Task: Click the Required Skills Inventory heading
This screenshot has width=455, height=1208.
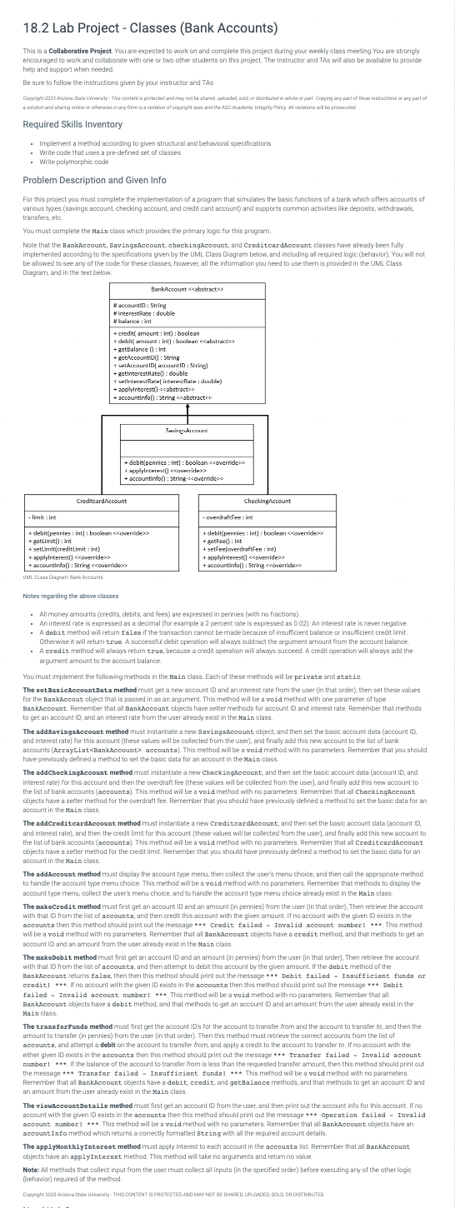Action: point(72,124)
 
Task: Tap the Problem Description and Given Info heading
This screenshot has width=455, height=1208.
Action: point(94,180)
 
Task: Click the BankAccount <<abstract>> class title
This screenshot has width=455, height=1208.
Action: point(187,289)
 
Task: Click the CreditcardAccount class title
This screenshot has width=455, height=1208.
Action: point(102,501)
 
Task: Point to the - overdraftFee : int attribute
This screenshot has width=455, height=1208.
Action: point(229,517)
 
